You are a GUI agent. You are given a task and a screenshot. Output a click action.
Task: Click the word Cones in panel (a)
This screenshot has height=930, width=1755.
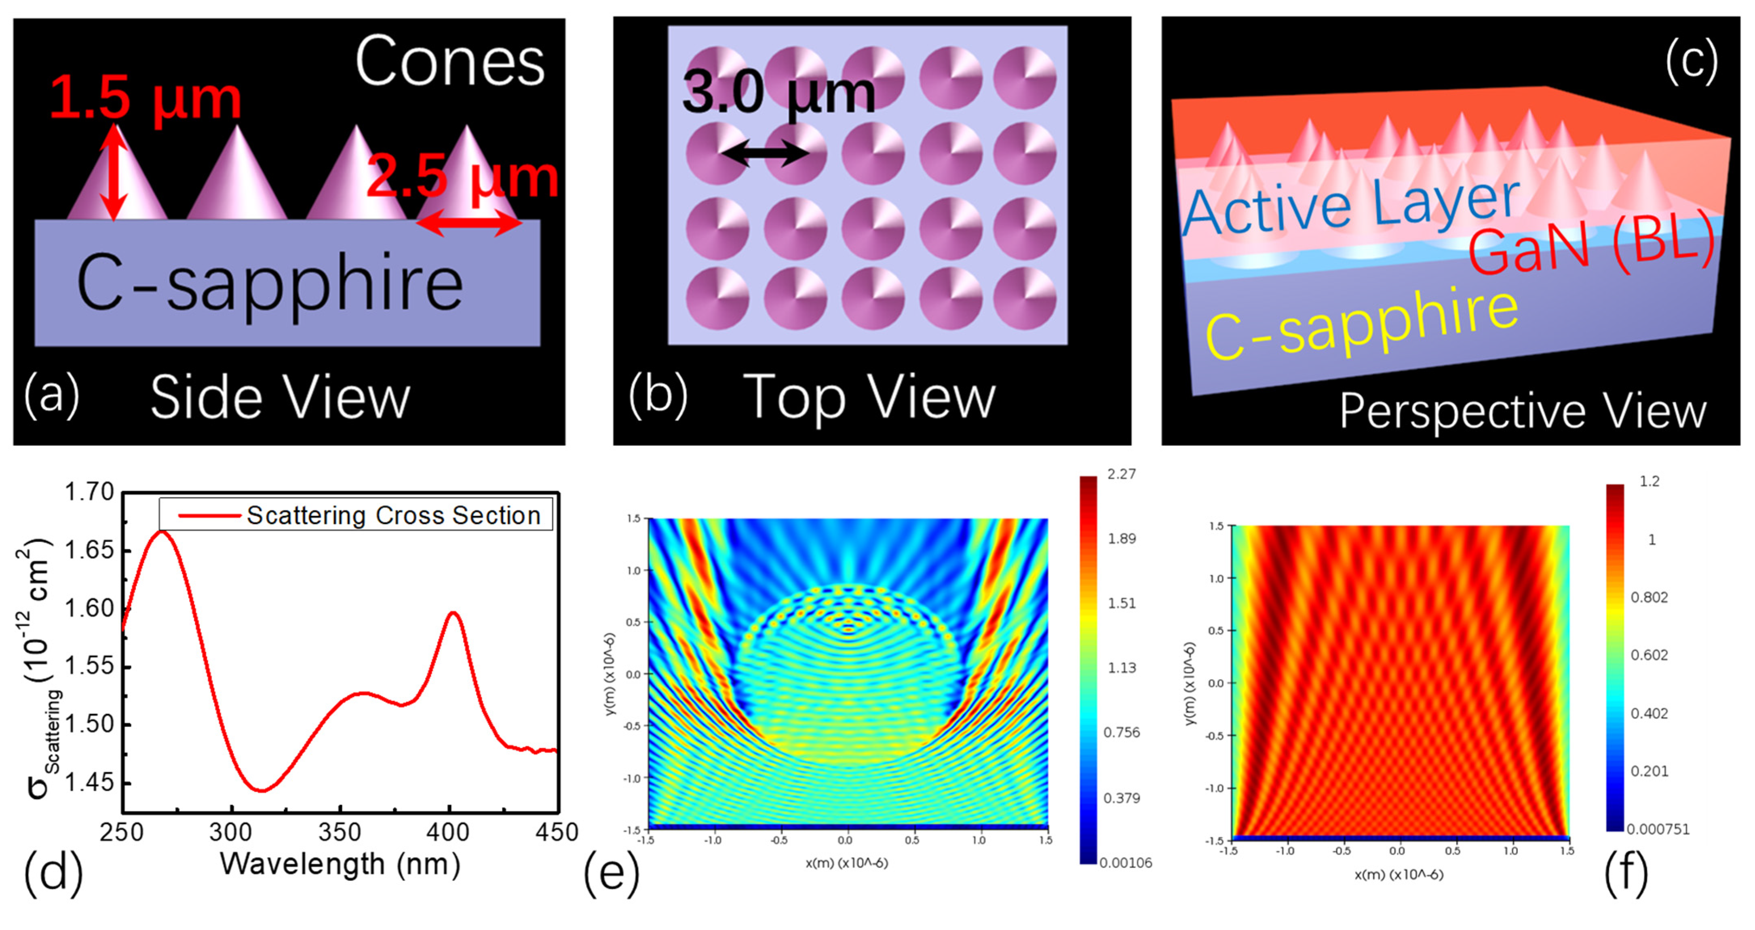click(x=449, y=63)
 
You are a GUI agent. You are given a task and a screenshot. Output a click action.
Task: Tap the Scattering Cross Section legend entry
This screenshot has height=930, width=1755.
click(x=393, y=515)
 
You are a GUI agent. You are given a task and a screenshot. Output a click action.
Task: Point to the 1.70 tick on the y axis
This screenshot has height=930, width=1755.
click(x=89, y=492)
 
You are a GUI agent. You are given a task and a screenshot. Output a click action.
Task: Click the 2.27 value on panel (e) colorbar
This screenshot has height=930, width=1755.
click(x=1121, y=474)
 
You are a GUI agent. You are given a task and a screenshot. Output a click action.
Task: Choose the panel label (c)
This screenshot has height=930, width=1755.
click(x=1691, y=61)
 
